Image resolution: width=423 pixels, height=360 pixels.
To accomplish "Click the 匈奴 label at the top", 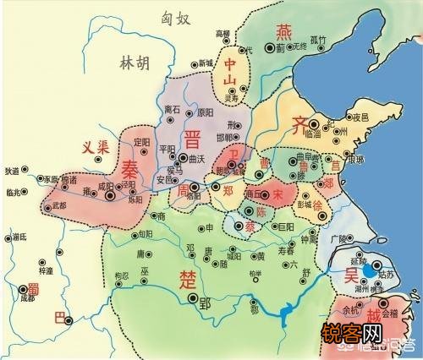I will [x=168, y=15].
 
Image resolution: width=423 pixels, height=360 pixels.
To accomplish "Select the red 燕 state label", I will [x=284, y=31].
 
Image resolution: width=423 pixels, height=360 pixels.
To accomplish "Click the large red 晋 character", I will [x=194, y=139].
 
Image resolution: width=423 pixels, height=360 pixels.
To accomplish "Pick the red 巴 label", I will [x=58, y=317].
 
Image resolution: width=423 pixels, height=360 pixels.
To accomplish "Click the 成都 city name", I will [x=28, y=298].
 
